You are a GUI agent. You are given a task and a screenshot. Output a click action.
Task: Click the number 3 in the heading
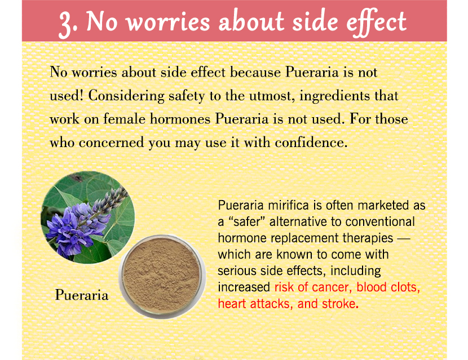[65, 24]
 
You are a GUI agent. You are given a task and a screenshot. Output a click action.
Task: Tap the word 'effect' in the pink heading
[377, 23]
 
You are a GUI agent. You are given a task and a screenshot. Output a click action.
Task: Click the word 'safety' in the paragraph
[187, 96]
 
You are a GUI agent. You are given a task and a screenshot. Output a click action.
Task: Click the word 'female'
[124, 119]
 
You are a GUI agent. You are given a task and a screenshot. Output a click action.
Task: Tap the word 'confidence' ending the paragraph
[311, 143]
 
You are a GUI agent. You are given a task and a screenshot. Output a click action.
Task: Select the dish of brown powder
[162, 277]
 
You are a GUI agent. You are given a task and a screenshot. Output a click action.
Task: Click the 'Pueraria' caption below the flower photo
[82, 295]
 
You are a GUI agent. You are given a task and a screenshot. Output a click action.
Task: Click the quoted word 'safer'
[246, 222]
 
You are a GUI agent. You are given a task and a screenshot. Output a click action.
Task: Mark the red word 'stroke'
[339, 304]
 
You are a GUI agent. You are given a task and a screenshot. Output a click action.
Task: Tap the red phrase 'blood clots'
[388, 287]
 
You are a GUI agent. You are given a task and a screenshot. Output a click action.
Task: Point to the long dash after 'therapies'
[404, 239]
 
